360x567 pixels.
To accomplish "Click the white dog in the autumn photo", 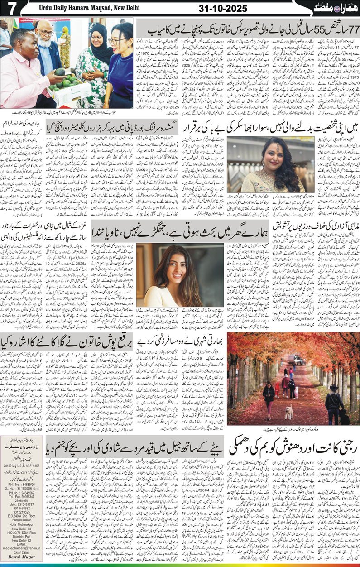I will click(x=288, y=412).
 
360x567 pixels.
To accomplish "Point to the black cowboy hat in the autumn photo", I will click(x=334, y=388).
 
